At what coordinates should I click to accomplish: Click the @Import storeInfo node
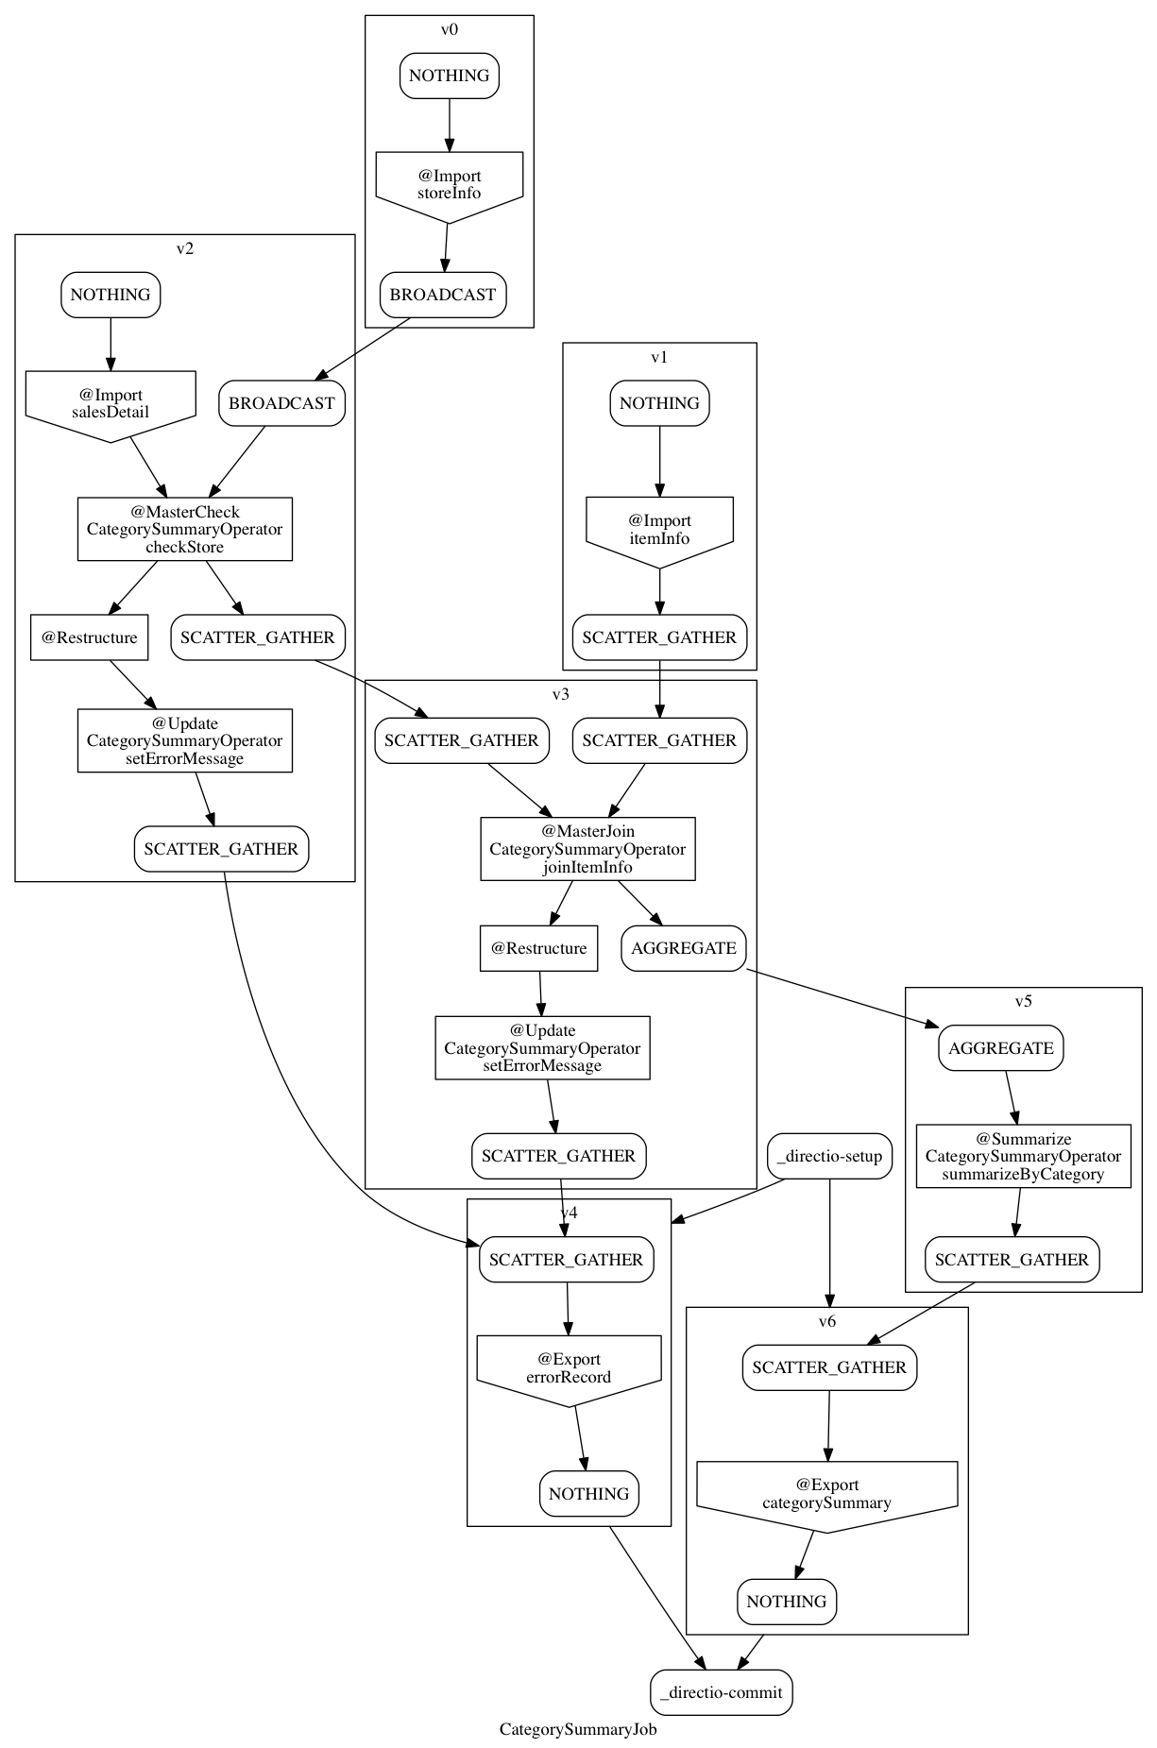(x=449, y=184)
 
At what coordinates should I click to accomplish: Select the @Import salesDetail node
(x=111, y=403)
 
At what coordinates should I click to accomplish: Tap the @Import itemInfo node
(x=659, y=529)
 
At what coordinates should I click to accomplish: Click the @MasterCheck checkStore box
(x=185, y=529)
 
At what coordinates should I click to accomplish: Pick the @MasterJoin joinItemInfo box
(x=587, y=849)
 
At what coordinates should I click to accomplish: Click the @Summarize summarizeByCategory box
(x=1023, y=1156)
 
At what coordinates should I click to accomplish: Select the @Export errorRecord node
(x=569, y=1367)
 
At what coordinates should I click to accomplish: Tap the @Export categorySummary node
(x=826, y=1493)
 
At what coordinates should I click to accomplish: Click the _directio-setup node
(x=830, y=1156)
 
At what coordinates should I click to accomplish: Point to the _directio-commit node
(x=722, y=1692)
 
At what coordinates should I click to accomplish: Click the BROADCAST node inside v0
(x=443, y=295)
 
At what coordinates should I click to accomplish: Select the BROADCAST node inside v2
(x=281, y=403)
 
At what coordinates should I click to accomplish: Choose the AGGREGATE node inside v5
(x=1001, y=1048)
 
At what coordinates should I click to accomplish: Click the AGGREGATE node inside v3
(x=684, y=948)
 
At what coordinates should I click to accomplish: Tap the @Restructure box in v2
(x=90, y=637)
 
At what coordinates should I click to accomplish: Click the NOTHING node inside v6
(x=787, y=1602)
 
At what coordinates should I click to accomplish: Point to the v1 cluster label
(x=659, y=357)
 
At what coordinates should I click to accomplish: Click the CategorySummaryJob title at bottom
(x=578, y=1729)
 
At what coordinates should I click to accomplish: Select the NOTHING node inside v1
(x=659, y=403)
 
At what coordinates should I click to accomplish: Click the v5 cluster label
(x=1024, y=1002)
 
